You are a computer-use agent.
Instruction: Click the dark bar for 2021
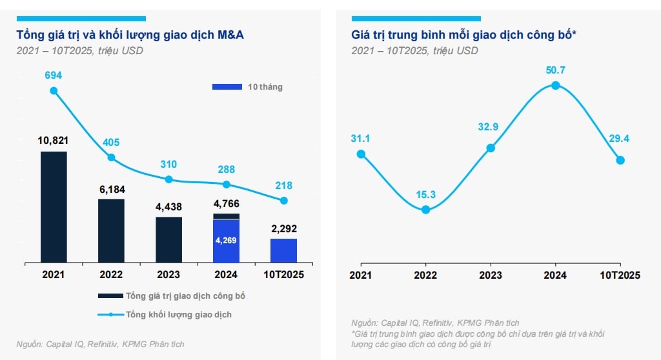point(54,206)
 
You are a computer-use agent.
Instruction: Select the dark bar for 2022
point(111,230)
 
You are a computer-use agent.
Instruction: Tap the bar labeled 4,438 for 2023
point(168,239)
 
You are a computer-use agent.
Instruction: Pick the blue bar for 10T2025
point(283,250)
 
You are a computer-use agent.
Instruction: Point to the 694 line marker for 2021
point(54,91)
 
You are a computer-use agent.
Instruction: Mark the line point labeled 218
point(283,201)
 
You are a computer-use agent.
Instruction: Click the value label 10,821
point(54,140)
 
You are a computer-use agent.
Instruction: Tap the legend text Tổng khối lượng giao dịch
point(178,314)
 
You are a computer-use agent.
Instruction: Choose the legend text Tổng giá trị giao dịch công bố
point(185,296)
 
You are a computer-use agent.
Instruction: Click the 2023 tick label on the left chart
point(168,274)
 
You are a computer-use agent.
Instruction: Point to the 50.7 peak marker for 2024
point(555,85)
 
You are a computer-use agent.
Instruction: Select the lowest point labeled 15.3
point(425,209)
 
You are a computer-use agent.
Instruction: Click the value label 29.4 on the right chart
point(620,138)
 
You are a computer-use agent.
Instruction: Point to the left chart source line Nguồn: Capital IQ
point(100,344)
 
